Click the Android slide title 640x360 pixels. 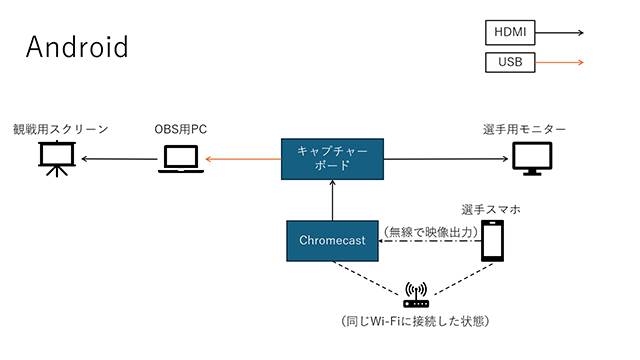pyautogui.click(x=77, y=46)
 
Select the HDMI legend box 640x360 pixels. pyautogui.click(x=509, y=32)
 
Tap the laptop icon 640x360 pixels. pyautogui.click(x=180, y=159)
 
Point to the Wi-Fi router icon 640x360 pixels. pyautogui.click(x=415, y=296)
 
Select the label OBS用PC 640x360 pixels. pyautogui.click(x=181, y=129)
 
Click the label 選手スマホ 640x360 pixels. pyautogui.click(x=491, y=209)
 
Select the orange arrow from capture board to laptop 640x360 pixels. pyautogui.click(x=243, y=159)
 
